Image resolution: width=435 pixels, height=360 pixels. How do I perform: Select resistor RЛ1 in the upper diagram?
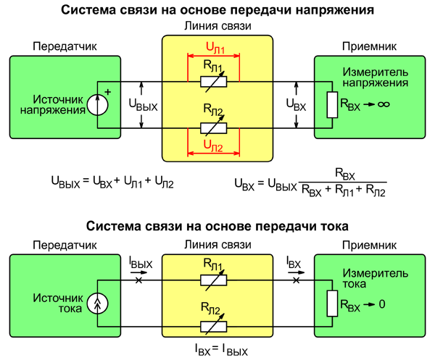(215, 82)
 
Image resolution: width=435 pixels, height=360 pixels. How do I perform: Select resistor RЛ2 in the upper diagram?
(215, 128)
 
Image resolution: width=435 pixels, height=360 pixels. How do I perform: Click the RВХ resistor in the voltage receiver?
(332, 105)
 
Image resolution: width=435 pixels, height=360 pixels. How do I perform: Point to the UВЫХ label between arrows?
(141, 106)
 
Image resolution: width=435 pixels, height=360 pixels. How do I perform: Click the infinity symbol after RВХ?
(384, 105)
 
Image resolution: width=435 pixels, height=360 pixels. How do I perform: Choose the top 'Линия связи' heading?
(217, 28)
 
